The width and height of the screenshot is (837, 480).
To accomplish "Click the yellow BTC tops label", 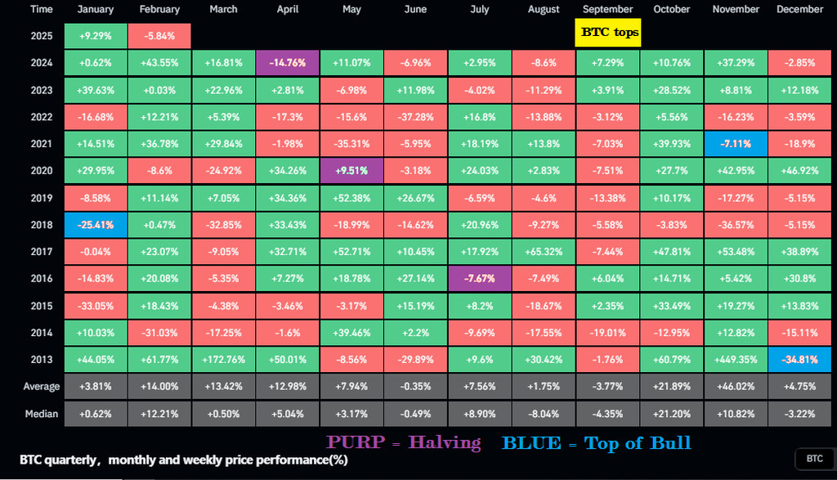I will pyautogui.click(x=607, y=32).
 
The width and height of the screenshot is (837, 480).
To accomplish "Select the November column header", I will pyautogui.click(x=736, y=9).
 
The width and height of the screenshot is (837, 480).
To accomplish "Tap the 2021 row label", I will pyautogui.click(x=40, y=144).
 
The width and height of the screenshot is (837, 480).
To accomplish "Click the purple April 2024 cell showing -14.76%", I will pyautogui.click(x=287, y=63).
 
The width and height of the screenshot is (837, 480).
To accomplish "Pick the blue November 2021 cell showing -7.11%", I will pyautogui.click(x=736, y=144).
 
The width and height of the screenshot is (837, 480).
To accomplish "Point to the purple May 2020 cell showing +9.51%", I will pyautogui.click(x=351, y=171).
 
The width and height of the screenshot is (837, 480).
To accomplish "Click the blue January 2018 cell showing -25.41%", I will pyautogui.click(x=96, y=225).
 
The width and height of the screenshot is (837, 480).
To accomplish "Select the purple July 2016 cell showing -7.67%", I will pyautogui.click(x=479, y=279).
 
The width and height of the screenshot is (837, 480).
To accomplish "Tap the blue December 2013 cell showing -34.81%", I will pyautogui.click(x=799, y=360).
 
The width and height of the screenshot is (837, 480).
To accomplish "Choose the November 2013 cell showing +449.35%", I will pyautogui.click(x=736, y=360).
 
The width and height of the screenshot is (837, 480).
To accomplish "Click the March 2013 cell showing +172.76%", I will pyautogui.click(x=223, y=360).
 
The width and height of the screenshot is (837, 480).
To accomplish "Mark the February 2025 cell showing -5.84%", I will pyautogui.click(x=159, y=36).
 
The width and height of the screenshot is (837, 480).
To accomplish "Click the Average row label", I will pyautogui.click(x=40, y=387).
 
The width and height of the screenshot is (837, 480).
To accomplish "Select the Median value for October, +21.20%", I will pyautogui.click(x=672, y=414).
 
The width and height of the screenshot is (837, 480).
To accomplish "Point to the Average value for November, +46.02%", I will pyautogui.click(x=736, y=387).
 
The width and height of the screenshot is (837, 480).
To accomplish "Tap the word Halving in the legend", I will pyautogui.click(x=444, y=443).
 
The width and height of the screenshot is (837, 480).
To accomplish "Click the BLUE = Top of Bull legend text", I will pyautogui.click(x=596, y=443).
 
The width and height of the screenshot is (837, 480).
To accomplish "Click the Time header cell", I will pyautogui.click(x=40, y=9).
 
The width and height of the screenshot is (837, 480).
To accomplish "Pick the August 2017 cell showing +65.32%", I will pyautogui.click(x=544, y=252).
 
